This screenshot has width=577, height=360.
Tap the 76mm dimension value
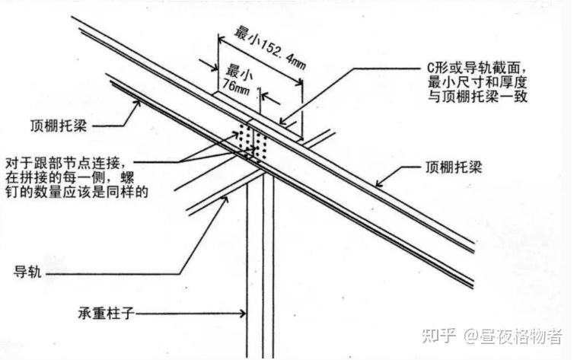point(232,89)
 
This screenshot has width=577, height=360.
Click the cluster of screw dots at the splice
point(250,142)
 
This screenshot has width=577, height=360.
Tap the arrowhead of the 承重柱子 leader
point(244,312)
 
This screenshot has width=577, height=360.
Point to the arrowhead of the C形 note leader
point(282,122)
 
